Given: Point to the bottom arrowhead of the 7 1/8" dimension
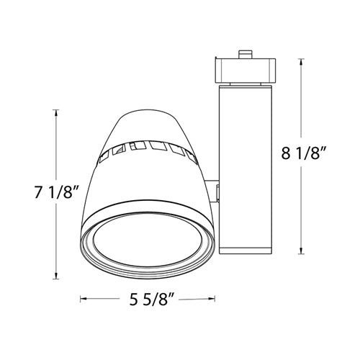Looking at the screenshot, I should [55, 277].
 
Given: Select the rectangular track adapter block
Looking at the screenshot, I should [246, 69].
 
